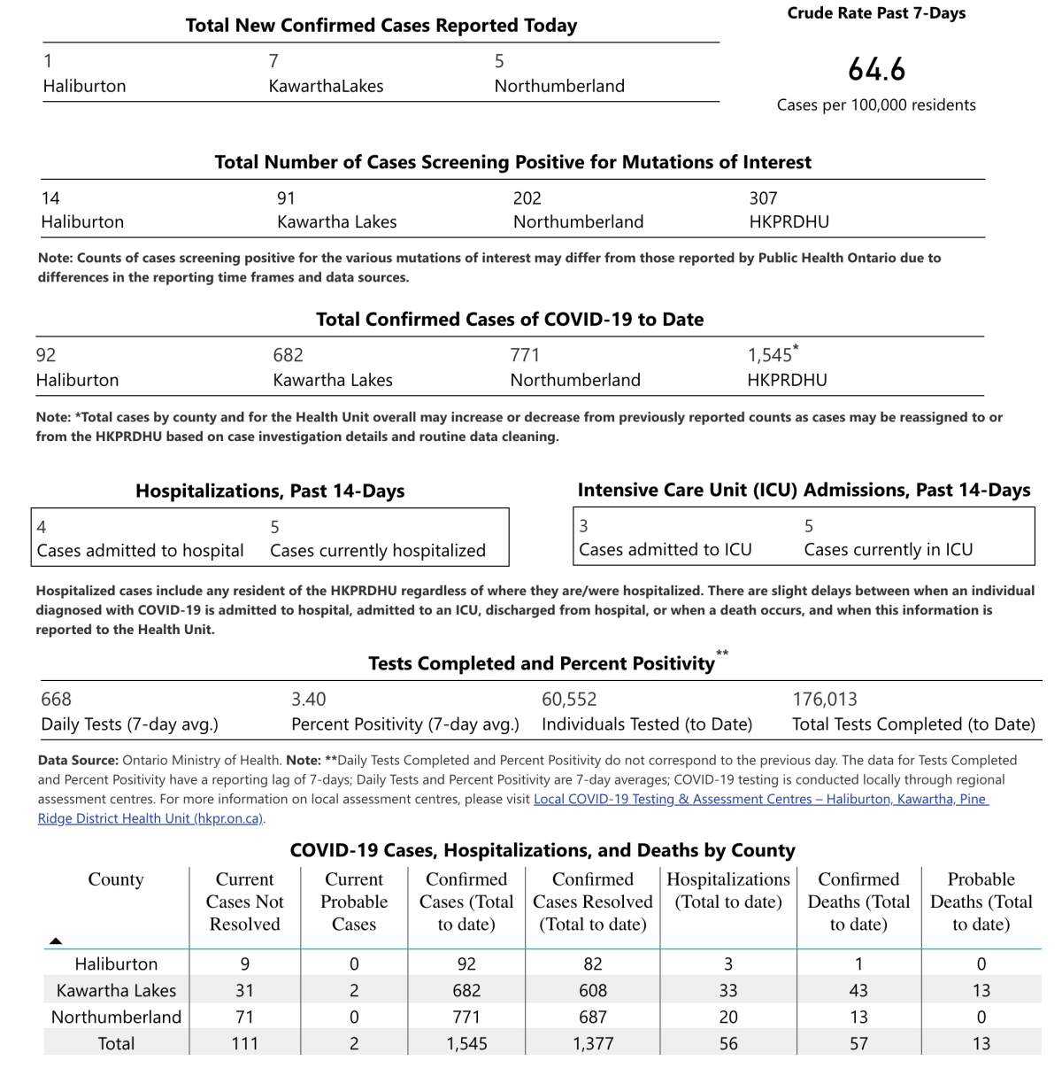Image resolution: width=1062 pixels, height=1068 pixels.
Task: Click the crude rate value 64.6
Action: coord(876,69)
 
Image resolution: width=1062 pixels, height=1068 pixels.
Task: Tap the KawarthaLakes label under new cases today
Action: coord(326,86)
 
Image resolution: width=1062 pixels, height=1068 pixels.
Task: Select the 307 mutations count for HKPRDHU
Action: coord(763,198)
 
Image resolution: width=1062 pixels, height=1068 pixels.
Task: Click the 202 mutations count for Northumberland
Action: coord(527,198)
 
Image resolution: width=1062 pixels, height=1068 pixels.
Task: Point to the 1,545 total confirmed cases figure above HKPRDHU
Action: coord(770,355)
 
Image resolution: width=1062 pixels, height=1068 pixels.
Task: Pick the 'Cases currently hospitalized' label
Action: coord(378,551)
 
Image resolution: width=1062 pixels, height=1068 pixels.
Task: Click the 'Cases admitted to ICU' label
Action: coord(665,550)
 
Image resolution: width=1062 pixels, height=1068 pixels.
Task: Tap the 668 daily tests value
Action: coord(56,700)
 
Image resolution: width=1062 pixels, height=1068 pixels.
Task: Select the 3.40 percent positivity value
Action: coord(308,700)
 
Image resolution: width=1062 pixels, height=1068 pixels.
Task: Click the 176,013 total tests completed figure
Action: coord(824,700)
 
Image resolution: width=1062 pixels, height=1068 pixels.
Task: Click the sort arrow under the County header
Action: coord(56,940)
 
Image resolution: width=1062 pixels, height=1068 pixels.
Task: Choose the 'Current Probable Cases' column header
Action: coord(354,902)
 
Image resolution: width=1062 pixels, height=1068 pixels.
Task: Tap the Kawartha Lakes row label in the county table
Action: coord(116,991)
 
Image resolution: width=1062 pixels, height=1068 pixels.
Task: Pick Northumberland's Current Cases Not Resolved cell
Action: coord(244,1018)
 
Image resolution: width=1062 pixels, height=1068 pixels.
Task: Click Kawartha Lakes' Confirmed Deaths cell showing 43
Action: coord(858,991)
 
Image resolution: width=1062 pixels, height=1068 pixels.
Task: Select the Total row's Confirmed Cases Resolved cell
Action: coord(593,1044)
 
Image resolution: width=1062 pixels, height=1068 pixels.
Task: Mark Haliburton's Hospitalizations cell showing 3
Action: coord(728,964)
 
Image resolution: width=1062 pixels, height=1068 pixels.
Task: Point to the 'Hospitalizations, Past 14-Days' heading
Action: coord(270,491)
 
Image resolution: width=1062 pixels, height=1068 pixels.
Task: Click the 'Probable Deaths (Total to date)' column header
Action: coord(981,902)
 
